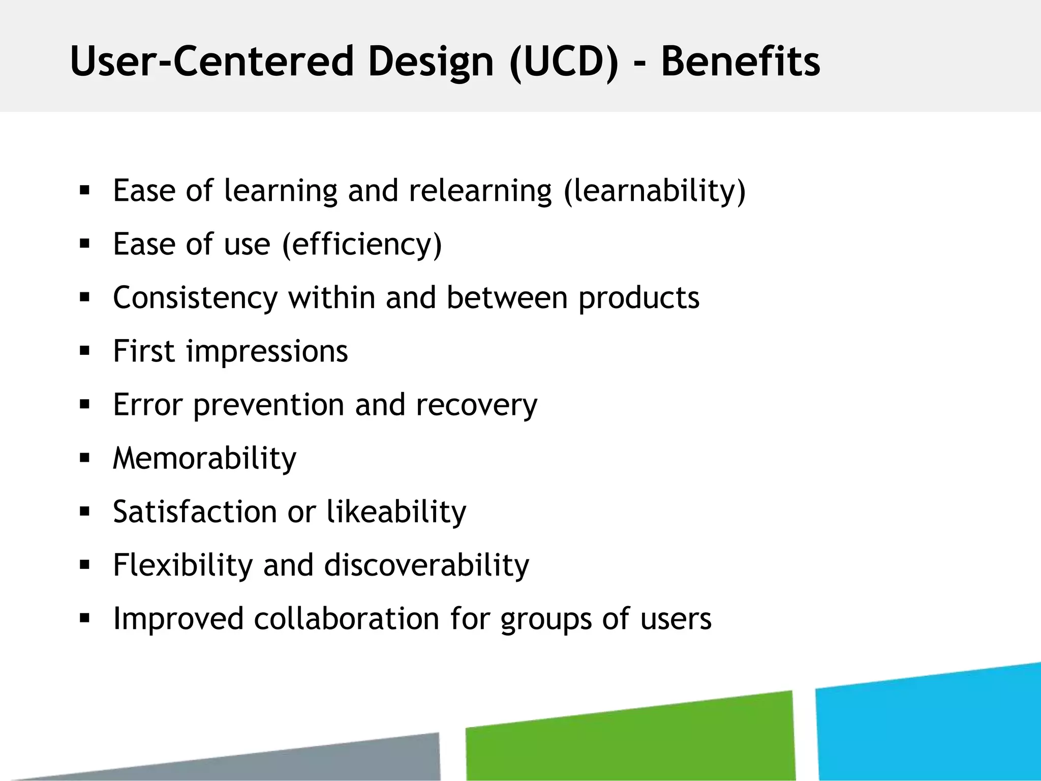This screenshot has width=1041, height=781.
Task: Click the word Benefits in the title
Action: coord(740,62)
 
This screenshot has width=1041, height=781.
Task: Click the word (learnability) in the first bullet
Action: coord(655,191)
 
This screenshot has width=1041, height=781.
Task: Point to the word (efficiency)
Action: coord(362,245)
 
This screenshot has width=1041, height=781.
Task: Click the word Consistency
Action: coord(195,298)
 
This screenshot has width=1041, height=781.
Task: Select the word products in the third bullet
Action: coord(639,298)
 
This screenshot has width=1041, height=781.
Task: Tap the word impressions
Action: coord(267,352)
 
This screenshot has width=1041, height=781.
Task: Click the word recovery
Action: coord(476,405)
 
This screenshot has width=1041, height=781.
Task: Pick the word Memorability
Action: coord(204,459)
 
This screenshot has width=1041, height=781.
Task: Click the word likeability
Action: coord(396,512)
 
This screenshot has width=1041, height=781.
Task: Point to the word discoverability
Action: coord(426,565)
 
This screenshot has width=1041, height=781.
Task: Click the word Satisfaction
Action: coord(195,512)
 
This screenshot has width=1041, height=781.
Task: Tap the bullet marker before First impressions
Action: coord(84,350)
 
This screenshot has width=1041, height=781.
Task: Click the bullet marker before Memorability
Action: coord(84,458)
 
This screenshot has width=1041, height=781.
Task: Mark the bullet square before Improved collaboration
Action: coord(84,618)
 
